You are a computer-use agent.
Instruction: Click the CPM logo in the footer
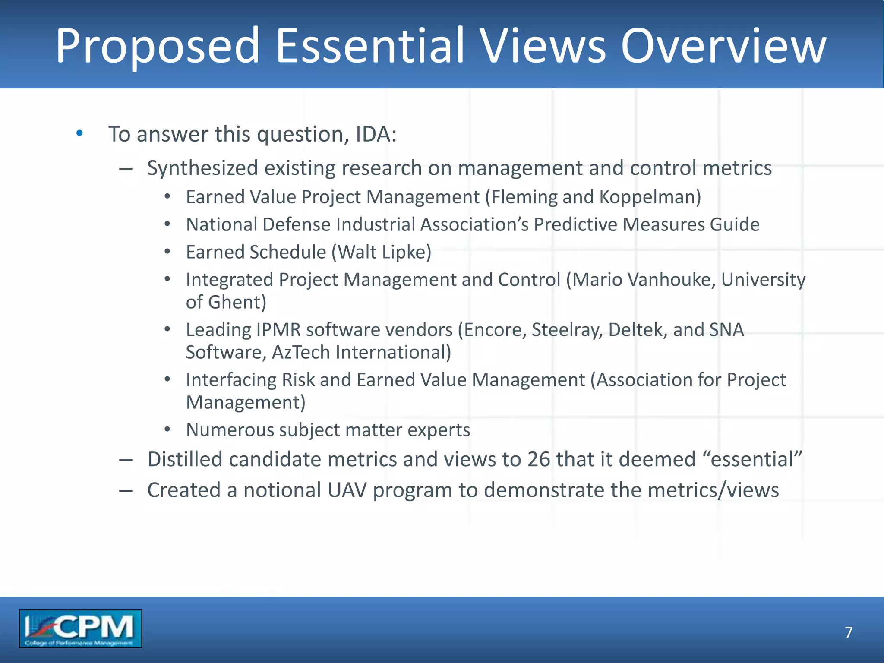pos(80,628)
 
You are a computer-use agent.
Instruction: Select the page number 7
pos(848,632)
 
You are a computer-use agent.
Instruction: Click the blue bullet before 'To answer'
pos(79,133)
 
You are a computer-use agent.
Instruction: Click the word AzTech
pos(301,352)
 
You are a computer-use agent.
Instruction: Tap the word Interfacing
pos(231,380)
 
